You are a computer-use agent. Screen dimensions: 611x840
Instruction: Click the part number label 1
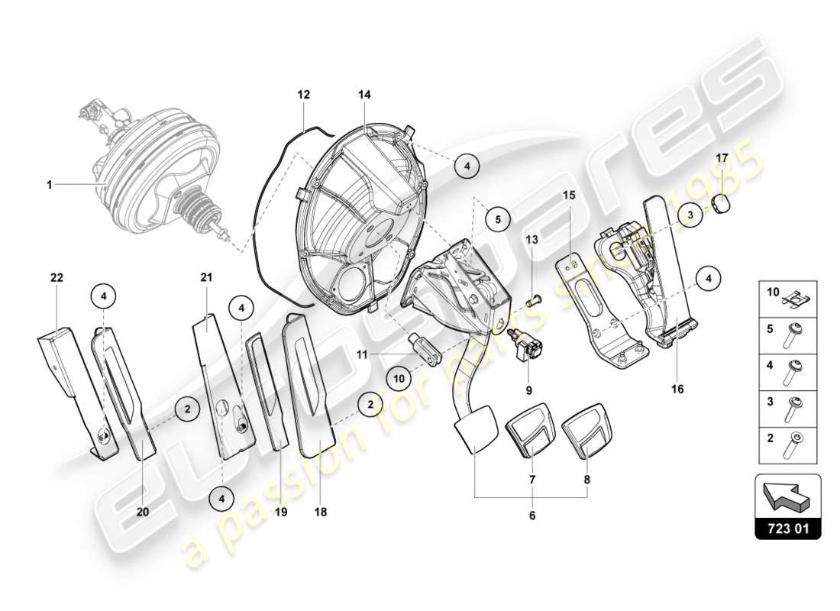pyautogui.click(x=49, y=184)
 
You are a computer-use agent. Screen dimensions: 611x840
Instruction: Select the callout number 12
pyautogui.click(x=303, y=95)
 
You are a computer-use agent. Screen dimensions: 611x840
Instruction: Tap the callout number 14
pyautogui.click(x=364, y=95)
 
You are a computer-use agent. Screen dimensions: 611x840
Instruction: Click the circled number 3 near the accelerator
pyautogui.click(x=690, y=215)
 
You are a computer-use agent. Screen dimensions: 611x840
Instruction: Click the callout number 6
pyautogui.click(x=531, y=516)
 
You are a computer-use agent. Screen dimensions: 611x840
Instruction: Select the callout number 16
pyautogui.click(x=677, y=389)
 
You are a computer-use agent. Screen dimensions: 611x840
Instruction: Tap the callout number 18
pyautogui.click(x=320, y=512)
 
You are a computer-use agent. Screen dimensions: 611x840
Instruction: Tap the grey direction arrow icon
pyautogui.click(x=787, y=497)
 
